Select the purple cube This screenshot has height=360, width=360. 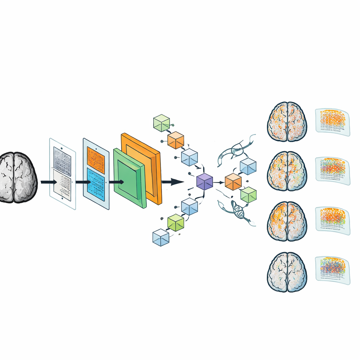[x=205, y=182]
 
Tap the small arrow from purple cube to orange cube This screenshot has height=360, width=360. [x=219, y=182]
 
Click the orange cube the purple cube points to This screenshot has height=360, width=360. [x=233, y=182]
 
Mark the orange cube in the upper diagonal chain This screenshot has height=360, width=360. [x=175, y=140]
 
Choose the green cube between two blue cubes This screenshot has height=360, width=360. [x=176, y=223]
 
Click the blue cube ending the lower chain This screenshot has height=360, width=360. [x=161, y=237]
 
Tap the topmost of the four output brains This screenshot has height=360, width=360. [x=287, y=122]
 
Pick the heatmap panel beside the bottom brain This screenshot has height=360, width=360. [x=332, y=269]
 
